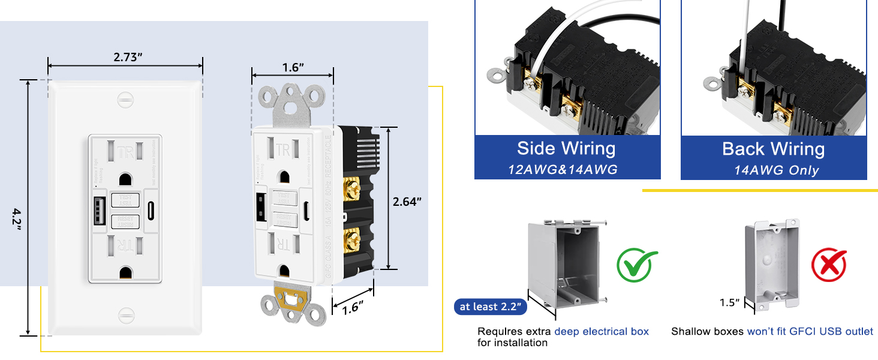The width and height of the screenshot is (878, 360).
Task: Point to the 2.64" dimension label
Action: (x=408, y=202)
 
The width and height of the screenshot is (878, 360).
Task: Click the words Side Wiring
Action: (x=566, y=149)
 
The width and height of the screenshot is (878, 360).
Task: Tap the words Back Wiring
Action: (x=773, y=149)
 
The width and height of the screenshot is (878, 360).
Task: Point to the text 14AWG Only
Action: (x=776, y=170)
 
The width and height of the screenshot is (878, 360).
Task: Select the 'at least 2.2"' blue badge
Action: (x=491, y=307)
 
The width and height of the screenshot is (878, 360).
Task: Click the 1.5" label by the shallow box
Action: (x=730, y=303)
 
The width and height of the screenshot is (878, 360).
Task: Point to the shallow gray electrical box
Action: (x=772, y=264)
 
